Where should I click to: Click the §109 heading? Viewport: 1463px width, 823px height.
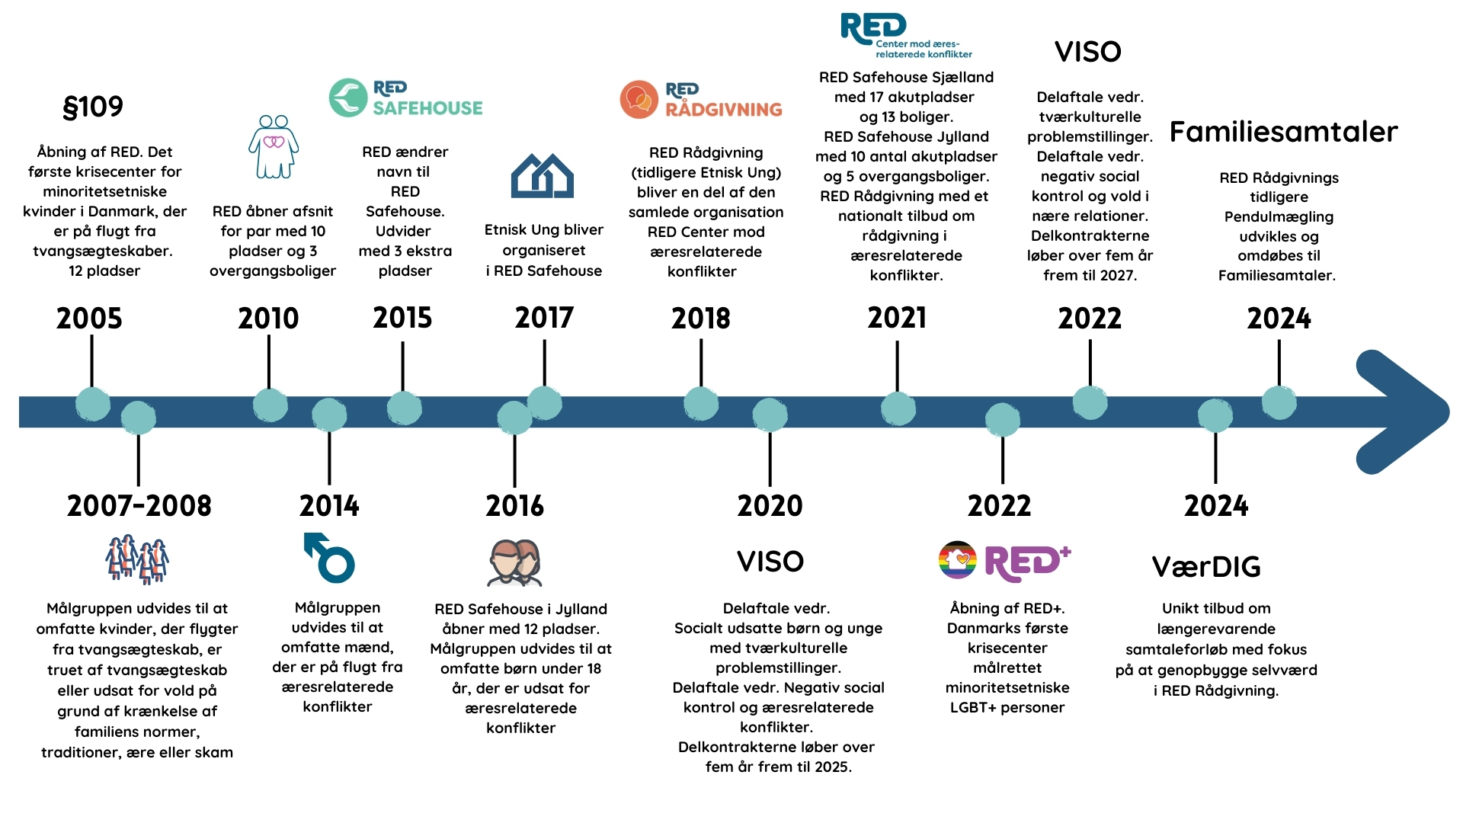(93, 107)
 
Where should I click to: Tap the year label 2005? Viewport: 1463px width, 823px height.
(89, 318)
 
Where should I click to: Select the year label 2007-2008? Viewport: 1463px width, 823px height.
(139, 505)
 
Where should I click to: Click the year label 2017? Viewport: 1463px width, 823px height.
(544, 318)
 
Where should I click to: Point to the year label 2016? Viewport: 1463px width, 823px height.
(515, 505)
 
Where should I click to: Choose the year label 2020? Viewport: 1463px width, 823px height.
(770, 505)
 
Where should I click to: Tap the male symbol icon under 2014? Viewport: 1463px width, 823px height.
(329, 557)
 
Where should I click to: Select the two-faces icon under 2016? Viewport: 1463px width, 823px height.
(515, 562)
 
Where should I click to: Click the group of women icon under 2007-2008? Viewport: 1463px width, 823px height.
(137, 559)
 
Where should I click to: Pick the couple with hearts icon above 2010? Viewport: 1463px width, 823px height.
(274, 146)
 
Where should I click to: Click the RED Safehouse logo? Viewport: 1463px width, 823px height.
(406, 98)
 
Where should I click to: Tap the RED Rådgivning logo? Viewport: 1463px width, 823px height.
(701, 100)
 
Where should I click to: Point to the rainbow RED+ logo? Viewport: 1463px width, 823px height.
(1005, 562)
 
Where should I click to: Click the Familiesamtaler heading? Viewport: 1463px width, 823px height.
(1284, 132)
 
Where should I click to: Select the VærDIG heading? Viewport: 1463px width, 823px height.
(1206, 567)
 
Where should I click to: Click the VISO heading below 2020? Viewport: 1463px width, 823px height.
(770, 562)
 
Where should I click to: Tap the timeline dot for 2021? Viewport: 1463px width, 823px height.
(898, 408)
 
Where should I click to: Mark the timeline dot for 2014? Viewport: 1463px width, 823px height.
(329, 415)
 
